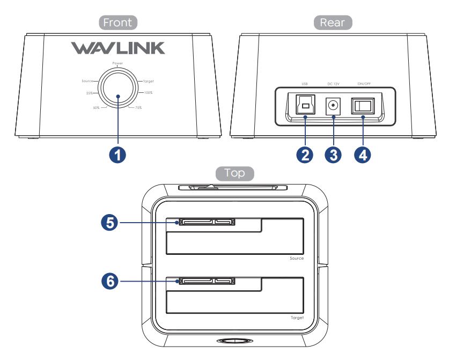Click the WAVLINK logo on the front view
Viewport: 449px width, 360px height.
click(x=118, y=49)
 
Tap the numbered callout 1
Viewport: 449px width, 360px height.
click(x=117, y=155)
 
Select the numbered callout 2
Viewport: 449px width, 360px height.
click(x=305, y=155)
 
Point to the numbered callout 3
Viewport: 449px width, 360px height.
click(x=334, y=155)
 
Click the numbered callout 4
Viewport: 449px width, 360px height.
click(x=363, y=155)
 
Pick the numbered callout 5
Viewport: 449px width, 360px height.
click(x=110, y=223)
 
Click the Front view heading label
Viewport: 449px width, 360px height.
click(x=118, y=23)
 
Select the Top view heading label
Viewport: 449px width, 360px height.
click(x=234, y=173)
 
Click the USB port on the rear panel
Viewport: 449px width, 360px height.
click(x=305, y=105)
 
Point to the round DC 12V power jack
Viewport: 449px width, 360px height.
click(x=334, y=105)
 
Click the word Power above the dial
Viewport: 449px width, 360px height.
click(x=118, y=63)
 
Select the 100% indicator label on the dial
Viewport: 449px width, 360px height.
click(x=148, y=93)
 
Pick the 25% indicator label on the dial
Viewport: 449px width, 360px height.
click(x=90, y=93)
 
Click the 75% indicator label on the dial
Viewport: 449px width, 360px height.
click(x=137, y=108)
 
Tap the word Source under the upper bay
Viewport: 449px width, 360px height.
click(x=297, y=259)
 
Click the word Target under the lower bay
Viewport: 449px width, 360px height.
click(x=297, y=318)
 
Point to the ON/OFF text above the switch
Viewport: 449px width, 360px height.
click(x=363, y=84)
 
